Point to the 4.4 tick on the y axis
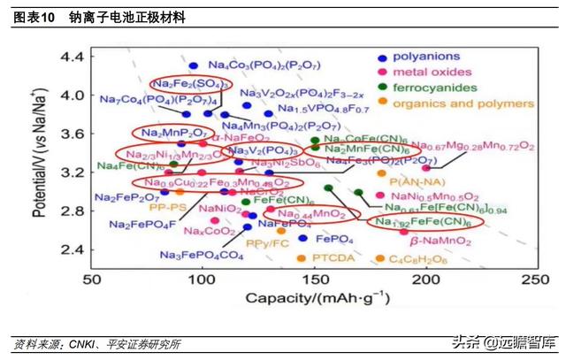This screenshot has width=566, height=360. pyautogui.click(x=70, y=57)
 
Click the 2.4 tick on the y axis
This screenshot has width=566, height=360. pyautogui.click(x=70, y=249)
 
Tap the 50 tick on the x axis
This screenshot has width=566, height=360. pyautogui.click(x=92, y=280)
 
